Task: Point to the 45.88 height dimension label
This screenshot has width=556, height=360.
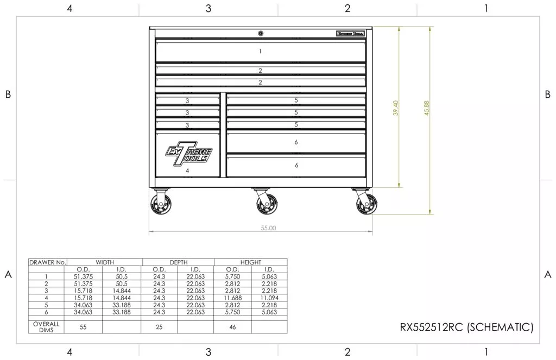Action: (x=427, y=108)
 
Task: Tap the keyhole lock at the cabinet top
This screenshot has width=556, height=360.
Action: (x=261, y=33)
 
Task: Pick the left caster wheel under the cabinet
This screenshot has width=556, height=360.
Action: (x=162, y=205)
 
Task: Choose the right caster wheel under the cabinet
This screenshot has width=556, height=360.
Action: (x=365, y=205)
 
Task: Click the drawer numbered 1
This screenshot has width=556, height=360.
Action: (x=261, y=51)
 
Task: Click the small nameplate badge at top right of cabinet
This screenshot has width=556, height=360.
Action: (x=350, y=34)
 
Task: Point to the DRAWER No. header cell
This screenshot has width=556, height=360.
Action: (x=47, y=262)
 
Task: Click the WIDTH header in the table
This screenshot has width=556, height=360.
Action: (x=105, y=262)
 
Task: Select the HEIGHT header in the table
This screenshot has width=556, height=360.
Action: (x=250, y=262)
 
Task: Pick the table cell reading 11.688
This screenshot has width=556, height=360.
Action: (x=232, y=298)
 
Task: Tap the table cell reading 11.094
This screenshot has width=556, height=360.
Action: (x=269, y=298)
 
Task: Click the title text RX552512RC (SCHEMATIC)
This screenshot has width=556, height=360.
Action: (x=466, y=327)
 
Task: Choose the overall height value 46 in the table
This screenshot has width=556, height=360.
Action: (x=232, y=326)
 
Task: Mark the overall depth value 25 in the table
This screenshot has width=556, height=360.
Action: (x=159, y=326)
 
